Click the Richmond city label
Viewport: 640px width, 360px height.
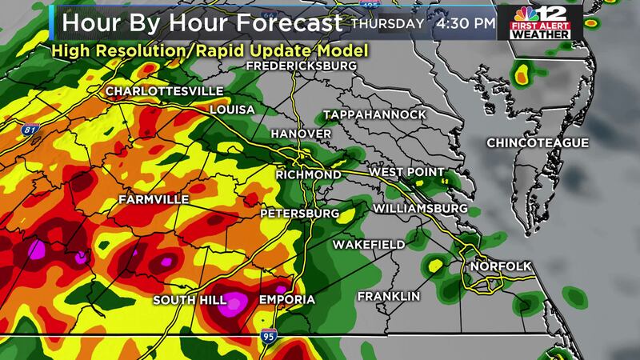tap(307, 174)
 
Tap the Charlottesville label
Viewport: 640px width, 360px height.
tap(160, 90)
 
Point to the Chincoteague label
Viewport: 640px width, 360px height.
tap(538, 143)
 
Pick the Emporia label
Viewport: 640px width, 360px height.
tap(286, 300)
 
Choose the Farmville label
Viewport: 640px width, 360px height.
tap(154, 198)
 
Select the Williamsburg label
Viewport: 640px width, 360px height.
tap(419, 209)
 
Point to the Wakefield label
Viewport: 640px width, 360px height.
tap(370, 243)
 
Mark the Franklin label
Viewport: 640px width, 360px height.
tap(389, 296)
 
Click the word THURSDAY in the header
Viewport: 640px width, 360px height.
tap(387, 23)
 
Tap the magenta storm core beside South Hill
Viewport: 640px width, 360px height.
tap(236, 302)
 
